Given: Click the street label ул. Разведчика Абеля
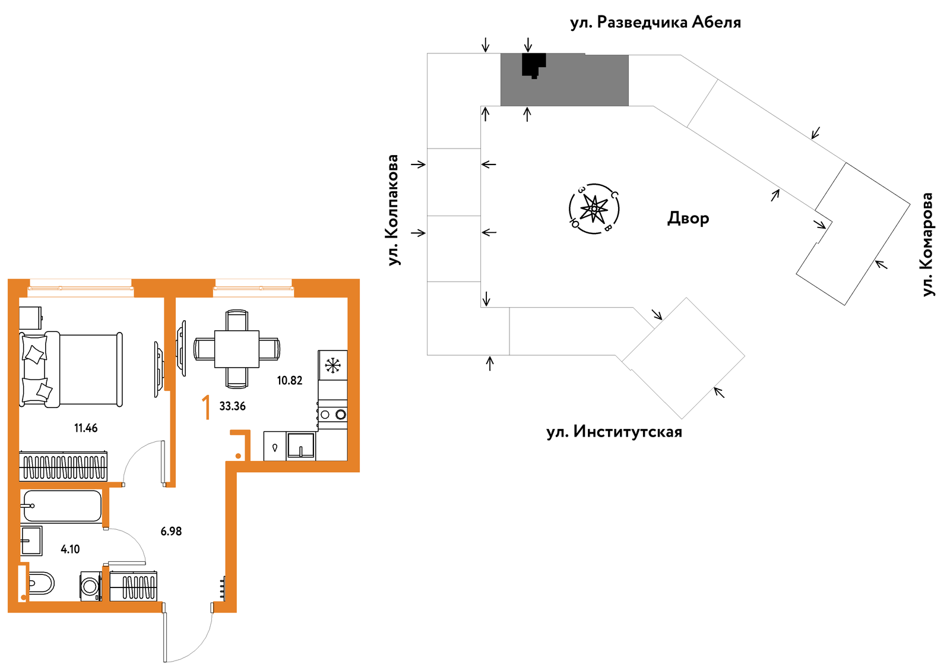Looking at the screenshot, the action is [x=655, y=23].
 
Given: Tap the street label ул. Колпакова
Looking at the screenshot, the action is [x=394, y=210].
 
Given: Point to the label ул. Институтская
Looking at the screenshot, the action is [x=614, y=432].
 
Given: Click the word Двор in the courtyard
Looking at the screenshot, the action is [x=688, y=218].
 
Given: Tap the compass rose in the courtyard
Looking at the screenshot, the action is [x=594, y=208].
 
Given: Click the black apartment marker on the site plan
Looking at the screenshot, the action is [x=534, y=65].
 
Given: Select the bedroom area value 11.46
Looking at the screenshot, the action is [x=85, y=428].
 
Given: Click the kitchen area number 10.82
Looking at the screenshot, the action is [x=290, y=381].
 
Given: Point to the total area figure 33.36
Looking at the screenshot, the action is [x=232, y=406].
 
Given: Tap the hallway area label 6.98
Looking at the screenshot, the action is [x=171, y=531].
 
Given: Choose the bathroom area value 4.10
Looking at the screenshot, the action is [x=70, y=549].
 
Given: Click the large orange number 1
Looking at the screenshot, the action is [x=206, y=407].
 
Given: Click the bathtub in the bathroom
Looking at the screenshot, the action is [x=62, y=506].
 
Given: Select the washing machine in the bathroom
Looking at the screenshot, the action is [x=91, y=586].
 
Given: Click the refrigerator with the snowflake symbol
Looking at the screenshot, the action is [x=333, y=365].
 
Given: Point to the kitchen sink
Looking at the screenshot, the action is [x=300, y=446].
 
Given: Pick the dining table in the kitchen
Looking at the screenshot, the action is [x=237, y=349].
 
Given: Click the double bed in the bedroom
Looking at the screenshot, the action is [x=71, y=369].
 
